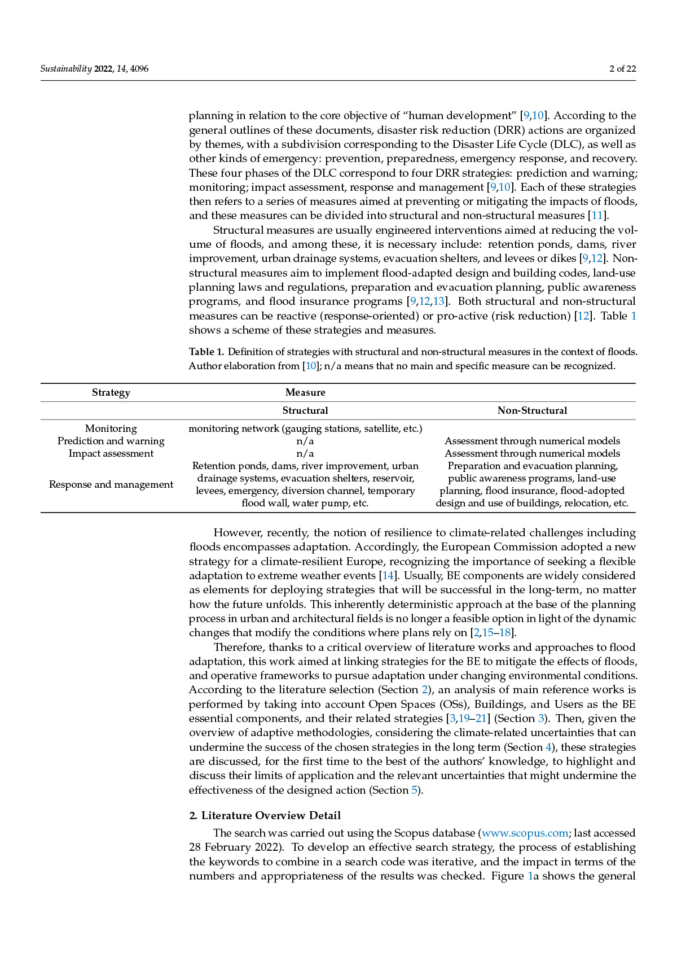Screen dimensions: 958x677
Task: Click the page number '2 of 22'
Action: point(622,69)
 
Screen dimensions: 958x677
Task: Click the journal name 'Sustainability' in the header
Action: point(66,69)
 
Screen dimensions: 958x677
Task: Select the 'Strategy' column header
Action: point(111,392)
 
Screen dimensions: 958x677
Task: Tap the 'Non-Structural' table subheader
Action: point(532,410)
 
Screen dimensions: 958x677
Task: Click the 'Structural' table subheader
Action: point(305,410)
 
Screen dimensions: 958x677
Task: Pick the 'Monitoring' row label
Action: point(111,428)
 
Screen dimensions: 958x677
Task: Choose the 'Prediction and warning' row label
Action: point(111,441)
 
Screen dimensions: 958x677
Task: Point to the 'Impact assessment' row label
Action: point(111,453)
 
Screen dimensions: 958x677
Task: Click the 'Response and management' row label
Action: point(111,484)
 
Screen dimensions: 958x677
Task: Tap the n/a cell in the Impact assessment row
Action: point(305,453)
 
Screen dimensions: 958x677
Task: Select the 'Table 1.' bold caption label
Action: point(206,352)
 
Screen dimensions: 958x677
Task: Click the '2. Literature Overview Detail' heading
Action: point(265,815)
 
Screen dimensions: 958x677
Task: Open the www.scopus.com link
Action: point(525,833)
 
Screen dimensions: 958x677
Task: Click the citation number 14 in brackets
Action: point(388,576)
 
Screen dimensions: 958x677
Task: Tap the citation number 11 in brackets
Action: point(597,216)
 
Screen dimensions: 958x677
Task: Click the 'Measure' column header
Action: point(305,392)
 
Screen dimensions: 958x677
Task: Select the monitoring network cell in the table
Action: point(305,428)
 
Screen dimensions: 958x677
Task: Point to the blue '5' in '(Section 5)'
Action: point(415,790)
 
